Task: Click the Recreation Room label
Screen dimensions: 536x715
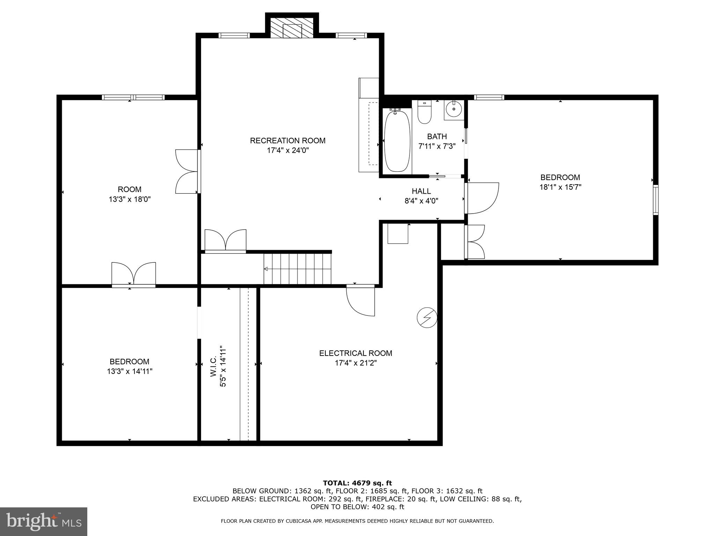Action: point(288,141)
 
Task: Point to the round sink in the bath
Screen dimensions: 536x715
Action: point(454,109)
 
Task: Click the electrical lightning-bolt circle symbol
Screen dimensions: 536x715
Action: point(427,318)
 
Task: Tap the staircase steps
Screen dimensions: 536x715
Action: point(297,269)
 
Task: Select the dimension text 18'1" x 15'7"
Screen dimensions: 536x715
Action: point(560,187)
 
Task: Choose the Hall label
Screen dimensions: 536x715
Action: point(421,191)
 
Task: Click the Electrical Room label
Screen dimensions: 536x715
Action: point(355,353)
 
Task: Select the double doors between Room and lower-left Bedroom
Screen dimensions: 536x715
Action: point(134,274)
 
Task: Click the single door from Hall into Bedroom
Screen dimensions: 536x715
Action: point(482,198)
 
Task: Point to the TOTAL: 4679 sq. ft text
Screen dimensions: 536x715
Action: point(357,483)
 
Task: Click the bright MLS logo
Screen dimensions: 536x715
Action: point(44,521)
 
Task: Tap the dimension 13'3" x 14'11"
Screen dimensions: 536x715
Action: point(130,371)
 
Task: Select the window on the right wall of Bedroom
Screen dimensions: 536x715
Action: point(655,200)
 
